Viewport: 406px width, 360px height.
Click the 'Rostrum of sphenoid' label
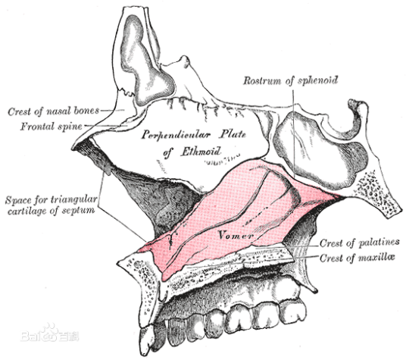pyautogui.click(x=291, y=80)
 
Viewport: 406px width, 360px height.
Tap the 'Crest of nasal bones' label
pyautogui.click(x=53, y=111)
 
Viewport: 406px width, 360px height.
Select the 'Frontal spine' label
pyautogui.click(x=52, y=127)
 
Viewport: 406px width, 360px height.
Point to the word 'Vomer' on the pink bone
pyautogui.click(x=236, y=235)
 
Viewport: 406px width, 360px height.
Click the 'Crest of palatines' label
pyautogui.click(x=360, y=243)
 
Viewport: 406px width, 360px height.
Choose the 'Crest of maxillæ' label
pyautogui.click(x=358, y=258)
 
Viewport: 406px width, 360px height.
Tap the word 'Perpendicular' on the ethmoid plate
pyautogui.click(x=176, y=135)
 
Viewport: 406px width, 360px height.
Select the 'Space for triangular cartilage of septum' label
pyautogui.click(x=52, y=205)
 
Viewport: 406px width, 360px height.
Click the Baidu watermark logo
pyautogui.click(x=50, y=334)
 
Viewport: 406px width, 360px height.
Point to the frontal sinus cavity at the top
pyautogui.click(x=145, y=61)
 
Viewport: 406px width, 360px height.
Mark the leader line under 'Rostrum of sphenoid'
pyautogui.click(x=294, y=133)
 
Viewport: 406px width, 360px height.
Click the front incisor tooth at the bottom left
pyautogui.click(x=145, y=340)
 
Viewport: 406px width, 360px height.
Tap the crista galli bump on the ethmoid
pyautogui.click(x=185, y=61)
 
